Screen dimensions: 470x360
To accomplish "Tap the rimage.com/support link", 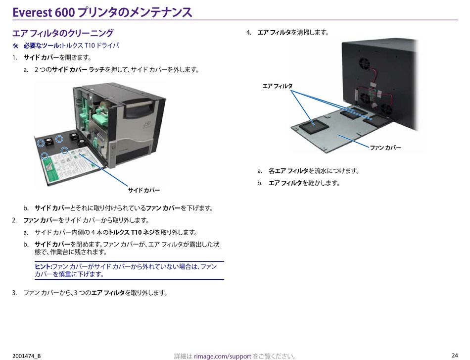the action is point(223,356).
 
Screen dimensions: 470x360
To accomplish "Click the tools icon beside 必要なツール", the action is point(15,46).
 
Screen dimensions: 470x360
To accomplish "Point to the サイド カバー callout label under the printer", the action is point(144,190).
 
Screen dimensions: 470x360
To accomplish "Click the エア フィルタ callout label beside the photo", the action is point(277,86).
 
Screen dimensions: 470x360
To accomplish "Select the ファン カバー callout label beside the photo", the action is point(385,148).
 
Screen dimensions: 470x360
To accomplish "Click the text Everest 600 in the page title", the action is point(43,12).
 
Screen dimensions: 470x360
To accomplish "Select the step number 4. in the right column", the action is point(249,33).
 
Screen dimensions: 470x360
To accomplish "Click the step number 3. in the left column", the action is point(15,293).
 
